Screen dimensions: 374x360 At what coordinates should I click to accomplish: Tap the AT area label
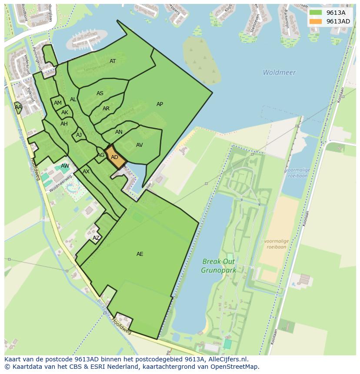[113, 61]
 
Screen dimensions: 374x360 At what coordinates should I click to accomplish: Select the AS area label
[100, 93]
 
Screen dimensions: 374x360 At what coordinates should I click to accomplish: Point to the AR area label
[106, 109]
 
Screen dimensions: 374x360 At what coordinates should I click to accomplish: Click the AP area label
[160, 104]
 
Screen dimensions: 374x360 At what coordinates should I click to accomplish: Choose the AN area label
[119, 132]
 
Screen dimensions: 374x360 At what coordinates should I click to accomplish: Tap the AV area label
[139, 145]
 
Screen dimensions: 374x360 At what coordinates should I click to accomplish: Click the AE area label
[140, 254]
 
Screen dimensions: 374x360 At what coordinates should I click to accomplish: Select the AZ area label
[96, 238]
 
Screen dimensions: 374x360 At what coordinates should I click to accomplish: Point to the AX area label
[86, 172]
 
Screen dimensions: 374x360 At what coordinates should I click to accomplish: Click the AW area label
[65, 166]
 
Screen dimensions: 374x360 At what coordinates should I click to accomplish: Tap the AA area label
[18, 107]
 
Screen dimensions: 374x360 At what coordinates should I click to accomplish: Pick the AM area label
[58, 103]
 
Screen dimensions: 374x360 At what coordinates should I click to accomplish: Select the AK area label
[65, 113]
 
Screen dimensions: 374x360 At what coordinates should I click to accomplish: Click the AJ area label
[79, 135]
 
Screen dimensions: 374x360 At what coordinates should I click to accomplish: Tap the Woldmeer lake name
[279, 73]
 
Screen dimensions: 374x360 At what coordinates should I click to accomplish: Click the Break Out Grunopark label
[218, 266]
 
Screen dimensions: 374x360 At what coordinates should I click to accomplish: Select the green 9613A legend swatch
[316, 13]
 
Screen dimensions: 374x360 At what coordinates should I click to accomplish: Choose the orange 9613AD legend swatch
[316, 21]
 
